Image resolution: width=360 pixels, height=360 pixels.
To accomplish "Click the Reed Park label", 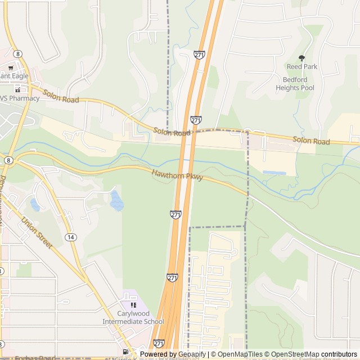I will [x=302, y=66].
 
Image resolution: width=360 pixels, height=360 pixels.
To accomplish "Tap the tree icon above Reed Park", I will [x=301, y=58].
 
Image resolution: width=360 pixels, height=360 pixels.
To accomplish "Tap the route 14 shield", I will [x=70, y=237].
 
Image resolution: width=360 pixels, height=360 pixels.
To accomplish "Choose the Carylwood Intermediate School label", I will [x=133, y=318].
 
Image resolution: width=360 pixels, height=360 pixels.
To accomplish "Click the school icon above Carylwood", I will [x=133, y=305].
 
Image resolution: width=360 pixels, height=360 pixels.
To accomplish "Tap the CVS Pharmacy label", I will [x=20, y=98].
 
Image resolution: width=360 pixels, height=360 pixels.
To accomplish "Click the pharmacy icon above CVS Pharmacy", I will [x=17, y=89].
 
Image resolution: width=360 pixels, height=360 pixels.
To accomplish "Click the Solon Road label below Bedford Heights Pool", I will [x=311, y=141].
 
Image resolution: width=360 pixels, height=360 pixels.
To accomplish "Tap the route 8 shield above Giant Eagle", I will [x=19, y=53].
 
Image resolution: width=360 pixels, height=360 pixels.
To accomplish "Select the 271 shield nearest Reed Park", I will [x=199, y=55].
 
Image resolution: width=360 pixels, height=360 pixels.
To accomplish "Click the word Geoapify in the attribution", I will [x=192, y=354].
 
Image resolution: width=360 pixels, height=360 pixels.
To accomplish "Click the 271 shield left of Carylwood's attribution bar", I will [x=159, y=343].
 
